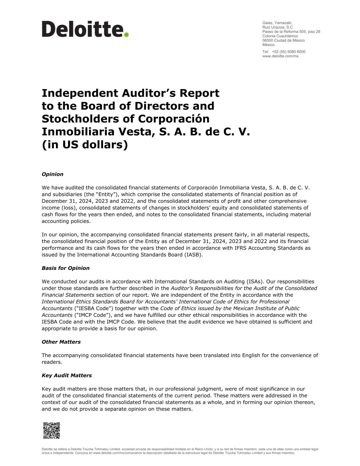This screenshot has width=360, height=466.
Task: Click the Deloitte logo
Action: [x=85, y=29]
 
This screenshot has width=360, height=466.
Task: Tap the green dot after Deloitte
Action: [x=126, y=34]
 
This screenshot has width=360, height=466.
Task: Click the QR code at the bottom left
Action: [x=52, y=430]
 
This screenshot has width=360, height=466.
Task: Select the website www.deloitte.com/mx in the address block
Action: [x=280, y=56]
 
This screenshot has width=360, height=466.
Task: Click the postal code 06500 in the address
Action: [x=268, y=40]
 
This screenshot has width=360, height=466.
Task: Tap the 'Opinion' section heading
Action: [x=53, y=174]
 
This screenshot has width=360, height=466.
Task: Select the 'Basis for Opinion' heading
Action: [x=66, y=268]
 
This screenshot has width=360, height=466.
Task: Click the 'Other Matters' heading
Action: [x=61, y=342]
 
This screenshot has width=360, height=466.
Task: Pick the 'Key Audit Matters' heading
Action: [x=67, y=375]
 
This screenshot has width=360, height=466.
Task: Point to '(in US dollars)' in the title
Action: [x=85, y=145]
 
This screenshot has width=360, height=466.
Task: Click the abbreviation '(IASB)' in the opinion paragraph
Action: [x=193, y=255]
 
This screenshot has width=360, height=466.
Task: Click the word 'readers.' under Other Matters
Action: [x=52, y=362]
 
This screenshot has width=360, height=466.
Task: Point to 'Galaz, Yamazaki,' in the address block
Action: [x=277, y=23]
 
